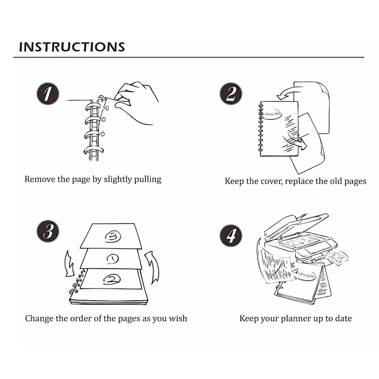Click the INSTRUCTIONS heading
72,47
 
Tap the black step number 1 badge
48,94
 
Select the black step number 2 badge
231,94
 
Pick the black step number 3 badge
48,232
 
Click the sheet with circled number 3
111,235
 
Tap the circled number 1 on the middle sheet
112,259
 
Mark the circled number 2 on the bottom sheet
112,280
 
